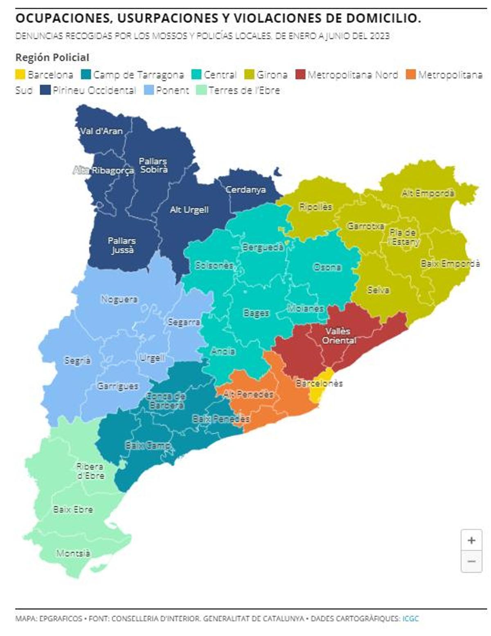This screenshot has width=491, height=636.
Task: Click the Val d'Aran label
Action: pyautogui.click(x=101, y=131)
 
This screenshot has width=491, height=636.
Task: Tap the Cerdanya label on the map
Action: pyautogui.click(x=245, y=190)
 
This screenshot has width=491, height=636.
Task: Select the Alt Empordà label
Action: pyautogui.click(x=428, y=193)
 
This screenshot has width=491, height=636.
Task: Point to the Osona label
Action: pyautogui.click(x=327, y=267)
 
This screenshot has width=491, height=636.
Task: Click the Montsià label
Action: pyautogui.click(x=73, y=553)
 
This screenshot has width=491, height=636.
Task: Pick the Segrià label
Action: pyautogui.click(x=77, y=361)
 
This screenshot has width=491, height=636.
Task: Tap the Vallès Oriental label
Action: pyautogui.click(x=338, y=336)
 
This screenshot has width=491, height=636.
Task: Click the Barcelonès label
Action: pyautogui.click(x=319, y=383)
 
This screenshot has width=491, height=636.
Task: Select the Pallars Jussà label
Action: pyautogui.click(x=122, y=245)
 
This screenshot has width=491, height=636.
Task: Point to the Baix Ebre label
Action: pyautogui.click(x=73, y=509)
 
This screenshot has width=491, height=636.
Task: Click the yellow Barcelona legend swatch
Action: pyautogui.click(x=20, y=75)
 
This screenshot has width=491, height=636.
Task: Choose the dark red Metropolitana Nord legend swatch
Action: pyautogui.click(x=300, y=75)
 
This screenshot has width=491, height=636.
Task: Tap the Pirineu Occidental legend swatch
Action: pyautogui.click(x=45, y=90)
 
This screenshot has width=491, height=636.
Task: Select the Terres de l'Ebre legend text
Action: pyautogui.click(x=244, y=90)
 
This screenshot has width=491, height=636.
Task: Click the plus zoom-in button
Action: pyautogui.click(x=471, y=541)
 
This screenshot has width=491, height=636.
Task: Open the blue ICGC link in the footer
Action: pyautogui.click(x=410, y=618)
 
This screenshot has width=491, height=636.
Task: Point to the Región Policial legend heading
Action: pyautogui.click(x=52, y=57)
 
